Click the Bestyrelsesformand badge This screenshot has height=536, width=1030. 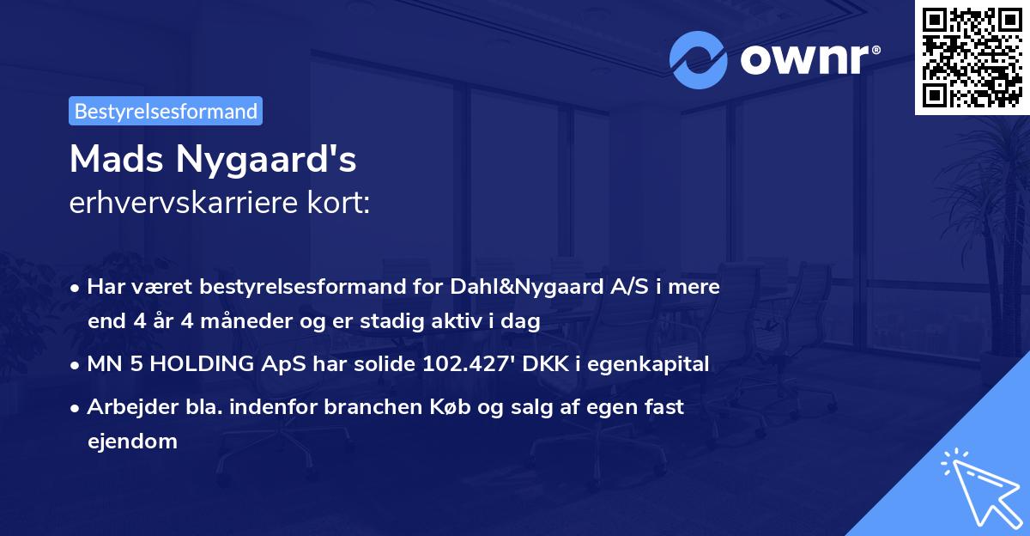pyautogui.click(x=166, y=111)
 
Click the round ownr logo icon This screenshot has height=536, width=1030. pyautogui.click(x=699, y=60)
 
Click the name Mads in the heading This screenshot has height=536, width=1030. pyautogui.click(x=118, y=159)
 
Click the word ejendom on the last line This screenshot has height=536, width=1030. pyautogui.click(x=132, y=442)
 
